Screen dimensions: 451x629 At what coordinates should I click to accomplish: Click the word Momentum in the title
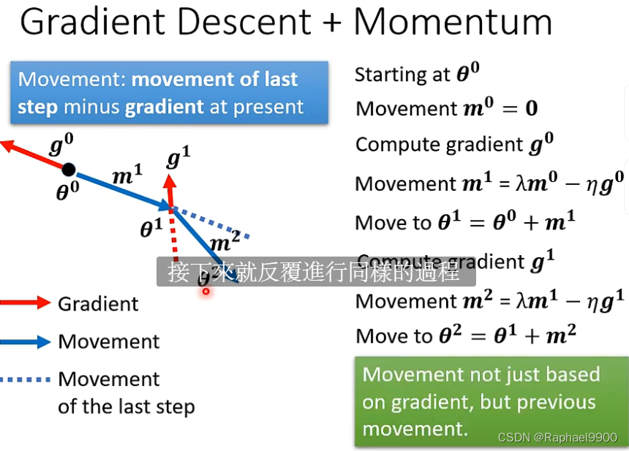(x=453, y=22)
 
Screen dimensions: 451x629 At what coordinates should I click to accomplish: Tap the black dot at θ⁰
(x=68, y=170)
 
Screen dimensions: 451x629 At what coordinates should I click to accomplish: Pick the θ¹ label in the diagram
(x=151, y=228)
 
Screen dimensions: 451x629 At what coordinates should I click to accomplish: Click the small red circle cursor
(x=206, y=291)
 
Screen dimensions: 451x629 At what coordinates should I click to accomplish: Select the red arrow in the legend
(x=25, y=303)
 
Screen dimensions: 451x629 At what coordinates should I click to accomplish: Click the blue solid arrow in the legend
(x=25, y=341)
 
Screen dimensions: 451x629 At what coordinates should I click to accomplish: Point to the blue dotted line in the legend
(x=25, y=379)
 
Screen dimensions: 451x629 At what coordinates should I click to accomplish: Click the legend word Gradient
(x=98, y=303)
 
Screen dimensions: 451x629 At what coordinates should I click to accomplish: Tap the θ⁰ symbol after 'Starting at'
(x=468, y=74)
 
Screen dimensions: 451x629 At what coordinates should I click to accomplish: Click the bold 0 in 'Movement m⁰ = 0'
(x=532, y=109)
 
